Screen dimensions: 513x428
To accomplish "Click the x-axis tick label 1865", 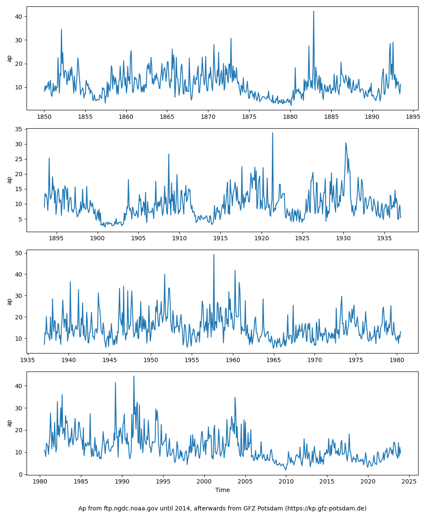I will click(167, 117).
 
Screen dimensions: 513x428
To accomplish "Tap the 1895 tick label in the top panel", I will click(413, 117).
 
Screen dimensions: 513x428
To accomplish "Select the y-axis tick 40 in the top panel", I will click(18, 17).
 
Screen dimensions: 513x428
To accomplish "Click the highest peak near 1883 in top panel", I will click(313, 12).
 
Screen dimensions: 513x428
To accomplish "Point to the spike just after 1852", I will click(61, 30).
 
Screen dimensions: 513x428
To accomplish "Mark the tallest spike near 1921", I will click(272, 133).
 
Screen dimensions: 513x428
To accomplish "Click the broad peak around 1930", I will click(346, 143).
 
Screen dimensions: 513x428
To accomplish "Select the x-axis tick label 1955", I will click(192, 360).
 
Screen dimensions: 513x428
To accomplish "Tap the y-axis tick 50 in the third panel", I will click(18, 253).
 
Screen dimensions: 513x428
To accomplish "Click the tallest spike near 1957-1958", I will click(214, 255).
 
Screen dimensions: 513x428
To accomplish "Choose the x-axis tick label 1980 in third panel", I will click(397, 360).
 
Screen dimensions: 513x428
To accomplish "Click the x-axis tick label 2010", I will click(286, 481).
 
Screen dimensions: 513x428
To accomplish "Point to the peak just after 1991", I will click(134, 376).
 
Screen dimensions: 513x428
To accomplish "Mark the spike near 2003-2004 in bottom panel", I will click(235, 398).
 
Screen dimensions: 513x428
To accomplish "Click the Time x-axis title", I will click(222, 490).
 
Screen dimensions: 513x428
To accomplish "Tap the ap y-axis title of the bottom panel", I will click(9, 423).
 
